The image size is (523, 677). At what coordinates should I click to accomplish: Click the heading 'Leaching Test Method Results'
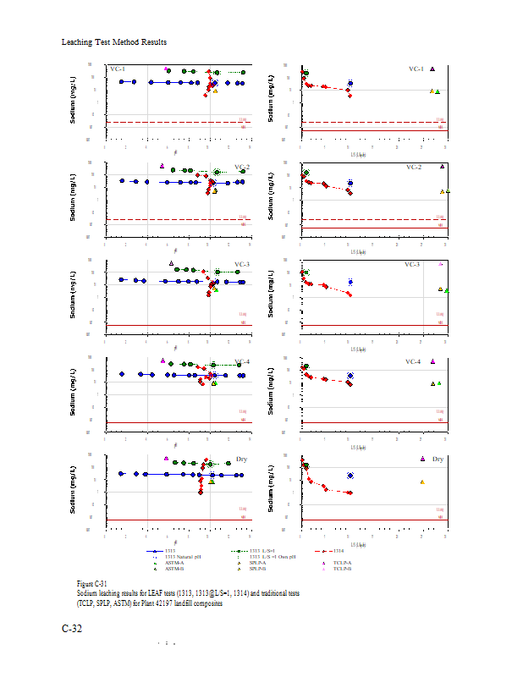114,41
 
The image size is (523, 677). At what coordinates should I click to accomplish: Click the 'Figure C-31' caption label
91,585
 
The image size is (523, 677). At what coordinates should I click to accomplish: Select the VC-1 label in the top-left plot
118,69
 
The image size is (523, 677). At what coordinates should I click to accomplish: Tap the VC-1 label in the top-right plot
416,69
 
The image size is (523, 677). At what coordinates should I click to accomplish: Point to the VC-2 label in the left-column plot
242,167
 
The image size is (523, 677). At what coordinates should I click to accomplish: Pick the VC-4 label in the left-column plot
243,361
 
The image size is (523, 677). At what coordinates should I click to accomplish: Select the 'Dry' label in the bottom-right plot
438,459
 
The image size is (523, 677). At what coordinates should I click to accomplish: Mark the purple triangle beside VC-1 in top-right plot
432,69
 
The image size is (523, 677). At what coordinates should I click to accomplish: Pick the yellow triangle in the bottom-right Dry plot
422,482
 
